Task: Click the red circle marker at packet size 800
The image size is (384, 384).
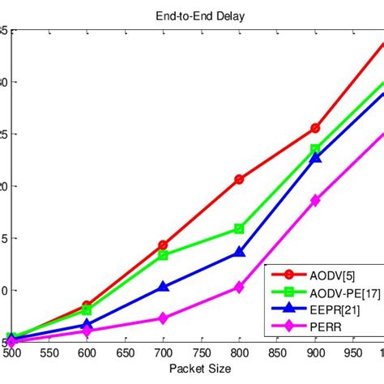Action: point(239,179)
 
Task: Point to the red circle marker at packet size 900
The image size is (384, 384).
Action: point(315,128)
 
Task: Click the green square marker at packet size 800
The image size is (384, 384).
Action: point(239,228)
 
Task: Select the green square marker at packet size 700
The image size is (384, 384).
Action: point(163,254)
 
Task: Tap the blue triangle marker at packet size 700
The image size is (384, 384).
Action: point(163,286)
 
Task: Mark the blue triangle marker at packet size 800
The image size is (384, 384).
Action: point(239,252)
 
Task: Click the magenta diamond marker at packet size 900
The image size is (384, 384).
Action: point(315,200)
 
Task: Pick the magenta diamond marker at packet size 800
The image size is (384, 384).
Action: point(239,287)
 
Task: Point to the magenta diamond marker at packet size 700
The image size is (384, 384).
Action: point(163,318)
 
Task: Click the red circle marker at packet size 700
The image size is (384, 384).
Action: point(163,245)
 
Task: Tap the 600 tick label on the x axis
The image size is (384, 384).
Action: point(87,354)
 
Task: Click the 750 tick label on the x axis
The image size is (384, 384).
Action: point(201,354)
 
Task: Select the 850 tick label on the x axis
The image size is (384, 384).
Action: point(277,354)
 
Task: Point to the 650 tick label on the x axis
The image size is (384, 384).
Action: point(125,354)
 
